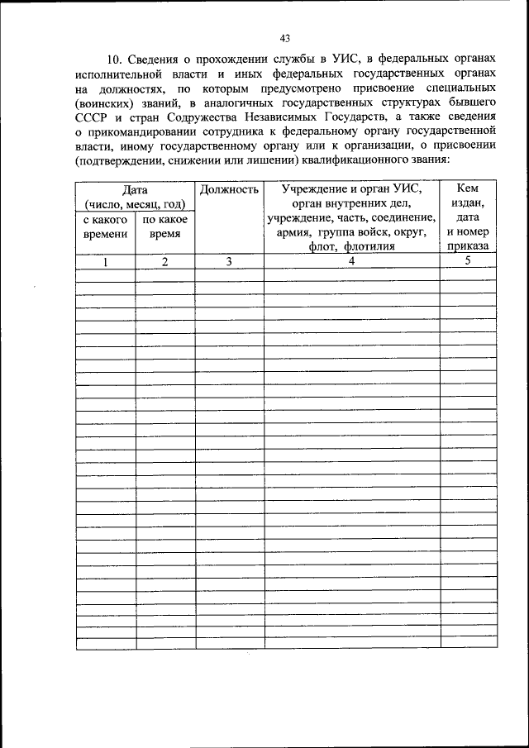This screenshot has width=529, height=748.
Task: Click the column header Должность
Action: (229, 190)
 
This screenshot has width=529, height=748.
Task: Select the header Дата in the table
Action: (135, 190)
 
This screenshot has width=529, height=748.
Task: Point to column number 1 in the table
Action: (106, 262)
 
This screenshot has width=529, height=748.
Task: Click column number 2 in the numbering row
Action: (164, 262)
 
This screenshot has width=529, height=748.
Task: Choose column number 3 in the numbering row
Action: (229, 262)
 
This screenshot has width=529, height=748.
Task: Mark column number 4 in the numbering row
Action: (351, 262)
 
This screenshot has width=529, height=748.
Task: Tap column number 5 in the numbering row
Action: (468, 262)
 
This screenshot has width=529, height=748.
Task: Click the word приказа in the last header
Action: (468, 246)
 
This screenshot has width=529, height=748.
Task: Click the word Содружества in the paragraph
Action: (193, 117)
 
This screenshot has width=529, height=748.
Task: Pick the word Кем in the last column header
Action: (468, 190)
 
